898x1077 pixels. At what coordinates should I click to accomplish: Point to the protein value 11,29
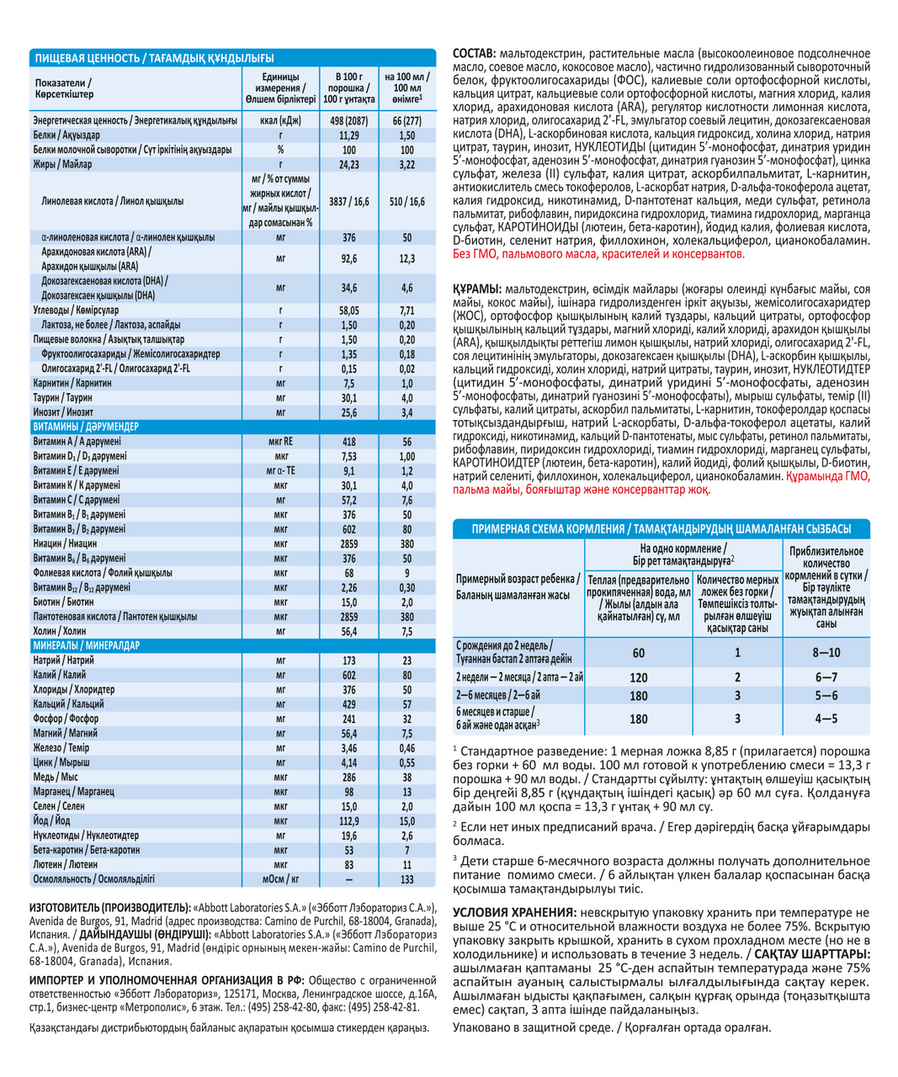click(349, 135)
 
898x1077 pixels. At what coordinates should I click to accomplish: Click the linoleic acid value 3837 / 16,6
click(349, 202)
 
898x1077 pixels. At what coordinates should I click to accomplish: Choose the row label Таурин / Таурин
click(63, 397)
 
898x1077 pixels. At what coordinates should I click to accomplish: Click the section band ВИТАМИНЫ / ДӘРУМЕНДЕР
click(86, 427)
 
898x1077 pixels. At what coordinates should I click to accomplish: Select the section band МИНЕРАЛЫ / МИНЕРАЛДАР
click(87, 645)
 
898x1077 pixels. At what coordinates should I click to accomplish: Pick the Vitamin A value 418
click(349, 442)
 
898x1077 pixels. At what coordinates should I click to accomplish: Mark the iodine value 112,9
click(349, 820)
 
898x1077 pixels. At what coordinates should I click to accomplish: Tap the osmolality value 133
click(406, 878)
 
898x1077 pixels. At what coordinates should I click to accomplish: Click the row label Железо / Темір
click(61, 747)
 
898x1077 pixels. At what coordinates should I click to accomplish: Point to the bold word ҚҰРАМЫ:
click(477, 289)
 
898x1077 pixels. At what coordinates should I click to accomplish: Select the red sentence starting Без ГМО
click(598, 253)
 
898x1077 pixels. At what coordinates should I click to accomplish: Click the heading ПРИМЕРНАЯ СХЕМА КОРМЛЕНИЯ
click(547, 529)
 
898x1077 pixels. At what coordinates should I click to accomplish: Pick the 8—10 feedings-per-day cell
click(826, 652)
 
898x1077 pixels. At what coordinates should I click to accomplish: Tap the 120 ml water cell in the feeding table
click(639, 677)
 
